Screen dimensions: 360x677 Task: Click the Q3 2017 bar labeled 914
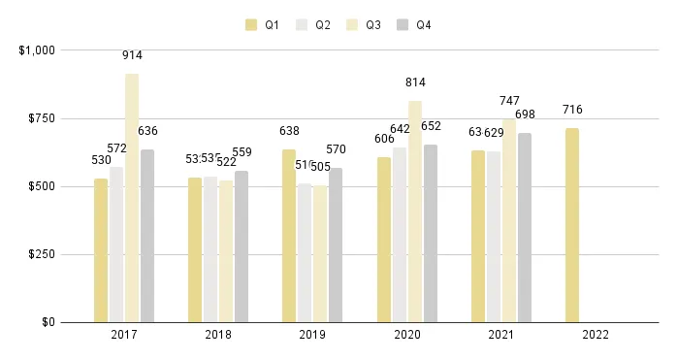point(132,198)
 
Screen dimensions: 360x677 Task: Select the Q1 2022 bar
point(572,225)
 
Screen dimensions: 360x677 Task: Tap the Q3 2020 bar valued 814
point(415,212)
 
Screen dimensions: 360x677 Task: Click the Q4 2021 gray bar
point(525,227)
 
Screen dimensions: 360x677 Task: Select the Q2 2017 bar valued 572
point(116,245)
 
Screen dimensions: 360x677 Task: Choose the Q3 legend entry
point(364,25)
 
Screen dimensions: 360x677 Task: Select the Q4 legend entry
point(414,25)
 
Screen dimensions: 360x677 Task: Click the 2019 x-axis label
point(312,335)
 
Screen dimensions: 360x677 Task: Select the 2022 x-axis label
point(595,335)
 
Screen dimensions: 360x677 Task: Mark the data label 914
point(132,55)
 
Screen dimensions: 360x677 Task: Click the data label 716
point(572,110)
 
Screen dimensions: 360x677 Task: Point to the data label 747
point(509,101)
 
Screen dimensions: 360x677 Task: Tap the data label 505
point(320,167)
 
